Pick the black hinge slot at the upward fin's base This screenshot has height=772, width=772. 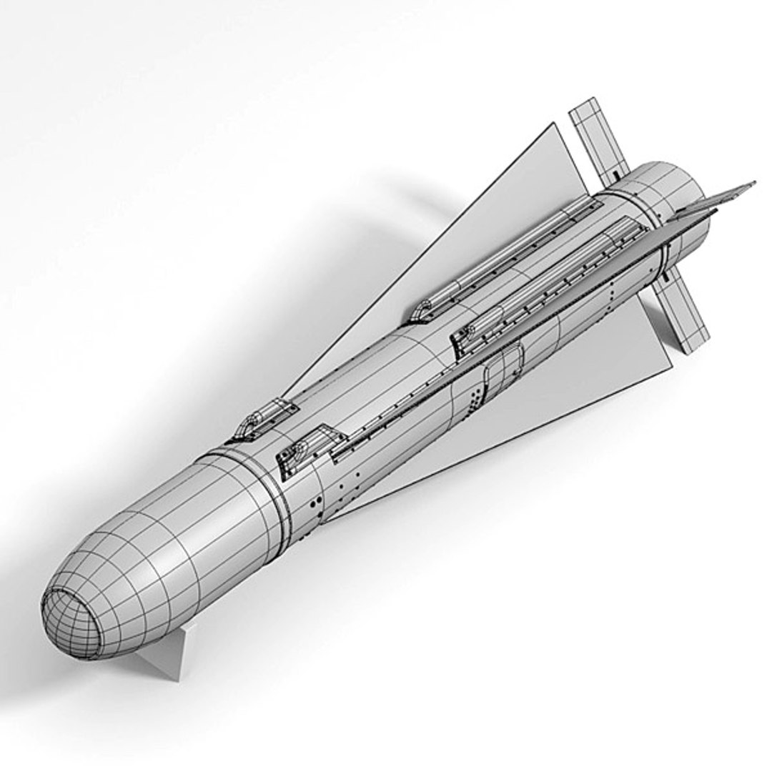(x=615, y=174)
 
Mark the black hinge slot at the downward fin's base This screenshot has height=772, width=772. (x=665, y=274)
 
